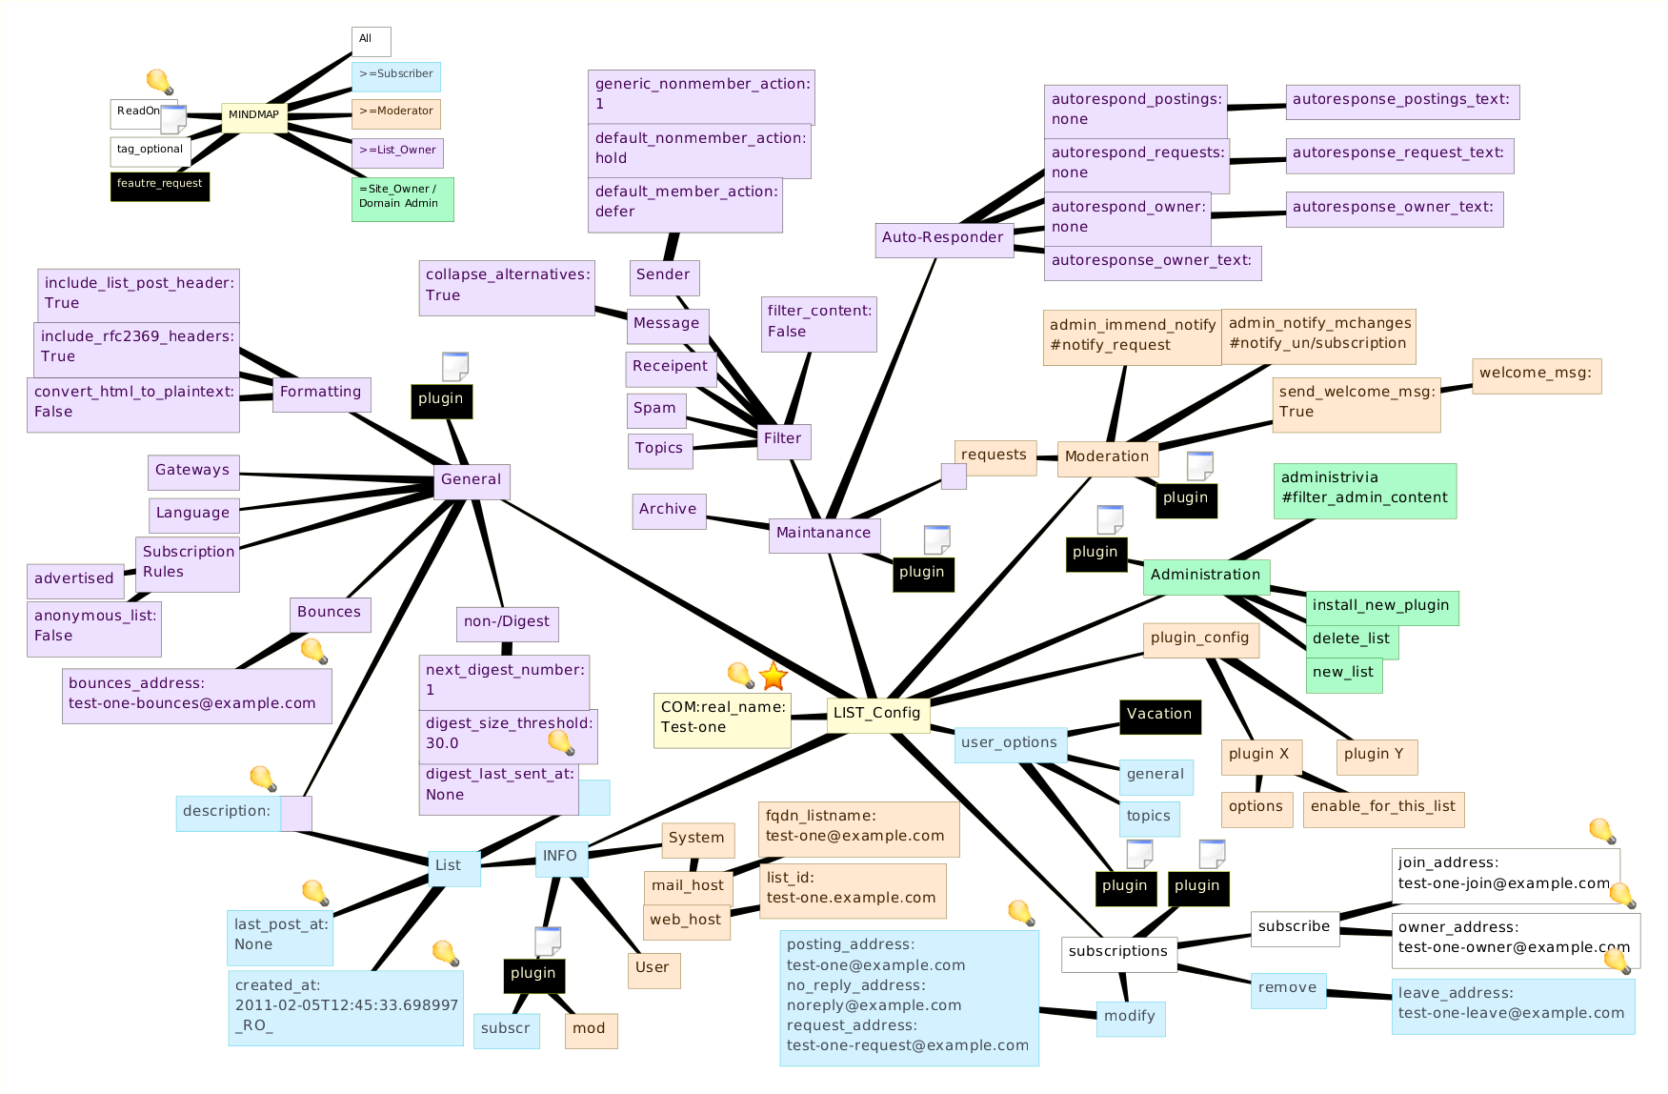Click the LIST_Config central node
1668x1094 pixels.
point(876,713)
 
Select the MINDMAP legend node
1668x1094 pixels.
point(253,116)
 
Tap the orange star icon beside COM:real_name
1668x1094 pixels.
point(773,677)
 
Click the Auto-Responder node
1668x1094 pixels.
point(942,238)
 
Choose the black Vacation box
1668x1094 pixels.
point(1158,715)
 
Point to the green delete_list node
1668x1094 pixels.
point(1351,639)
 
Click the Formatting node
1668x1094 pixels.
point(320,393)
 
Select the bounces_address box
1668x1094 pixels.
point(196,695)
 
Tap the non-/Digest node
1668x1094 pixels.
point(506,622)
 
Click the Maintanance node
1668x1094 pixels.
point(823,534)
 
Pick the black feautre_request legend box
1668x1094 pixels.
point(159,185)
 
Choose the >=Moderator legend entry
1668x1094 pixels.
point(395,112)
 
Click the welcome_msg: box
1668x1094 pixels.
point(1535,374)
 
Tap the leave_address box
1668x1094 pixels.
point(1512,1004)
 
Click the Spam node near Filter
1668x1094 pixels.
point(654,409)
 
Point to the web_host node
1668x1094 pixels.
point(685,921)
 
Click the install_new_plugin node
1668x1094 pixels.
point(1380,606)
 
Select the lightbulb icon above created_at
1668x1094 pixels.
point(445,952)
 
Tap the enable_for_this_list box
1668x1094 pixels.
point(1382,807)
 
